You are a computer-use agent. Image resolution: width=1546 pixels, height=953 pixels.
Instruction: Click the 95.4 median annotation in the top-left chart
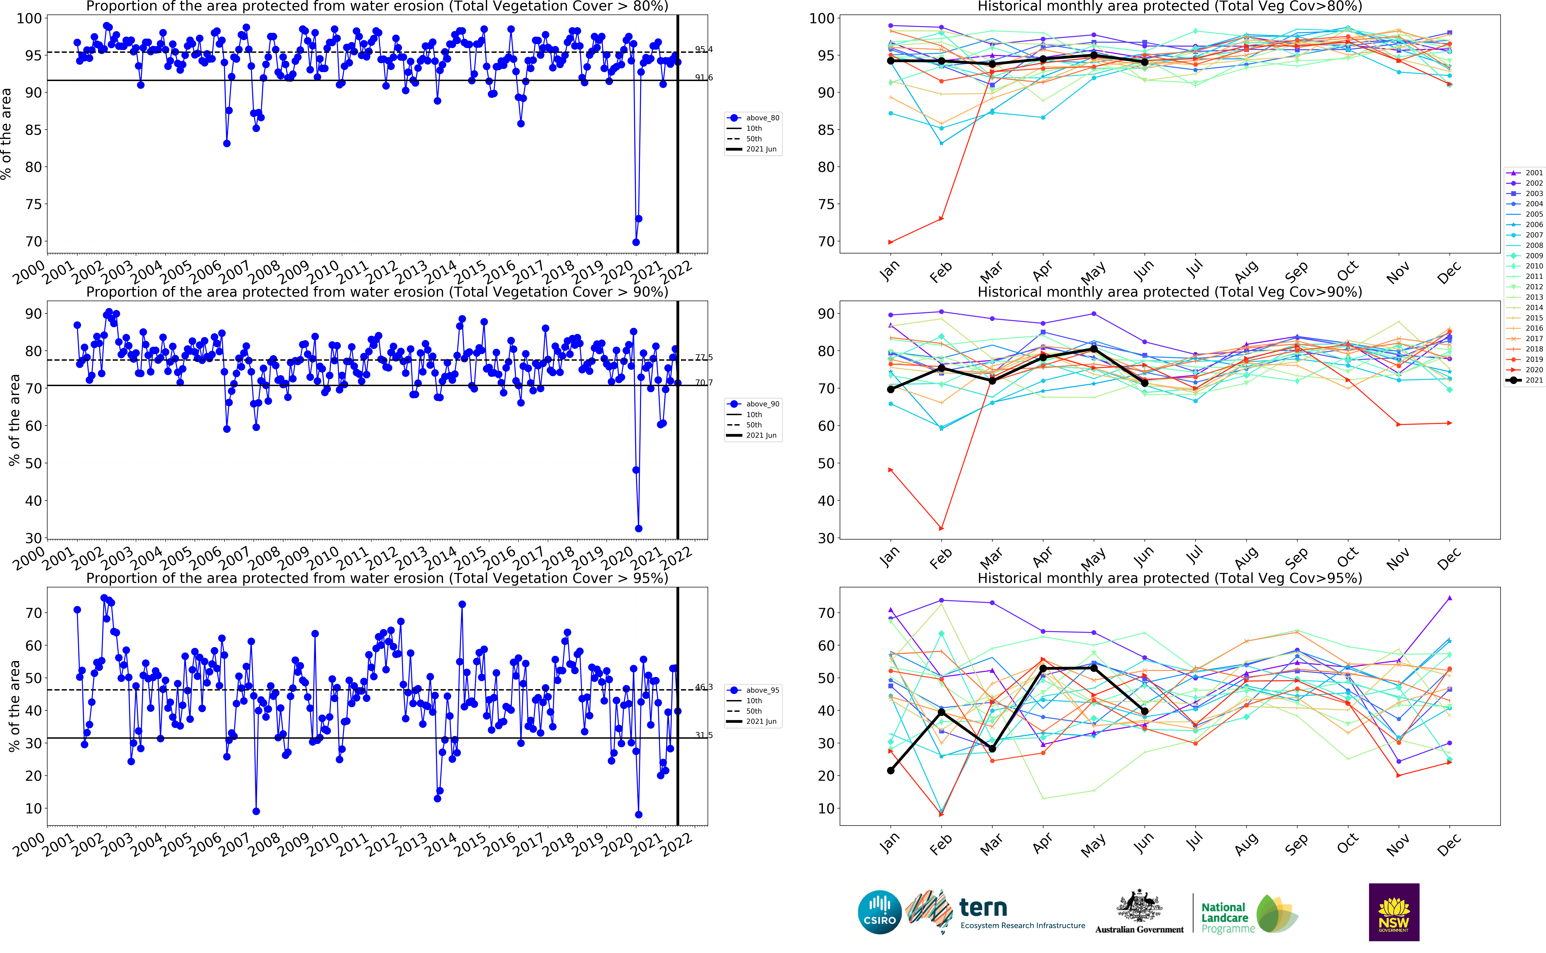[x=704, y=49]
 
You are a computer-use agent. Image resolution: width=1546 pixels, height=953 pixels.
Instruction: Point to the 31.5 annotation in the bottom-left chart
[x=704, y=735]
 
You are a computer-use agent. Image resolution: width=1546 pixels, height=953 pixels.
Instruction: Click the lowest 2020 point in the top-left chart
[x=636, y=242]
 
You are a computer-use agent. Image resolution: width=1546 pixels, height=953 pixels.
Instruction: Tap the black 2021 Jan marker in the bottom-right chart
[x=890, y=770]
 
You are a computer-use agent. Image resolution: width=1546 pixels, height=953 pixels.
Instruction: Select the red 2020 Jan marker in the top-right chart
[x=890, y=242]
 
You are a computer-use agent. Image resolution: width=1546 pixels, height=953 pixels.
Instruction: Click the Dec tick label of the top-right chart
[x=1448, y=273]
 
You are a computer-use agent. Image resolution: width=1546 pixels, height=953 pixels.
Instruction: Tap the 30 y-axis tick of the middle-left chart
[x=33, y=538]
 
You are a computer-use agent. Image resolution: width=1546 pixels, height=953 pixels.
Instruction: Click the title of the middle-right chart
[x=1169, y=292]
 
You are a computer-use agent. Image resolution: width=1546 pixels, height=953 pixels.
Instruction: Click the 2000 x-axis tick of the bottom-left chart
[x=30, y=845]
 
